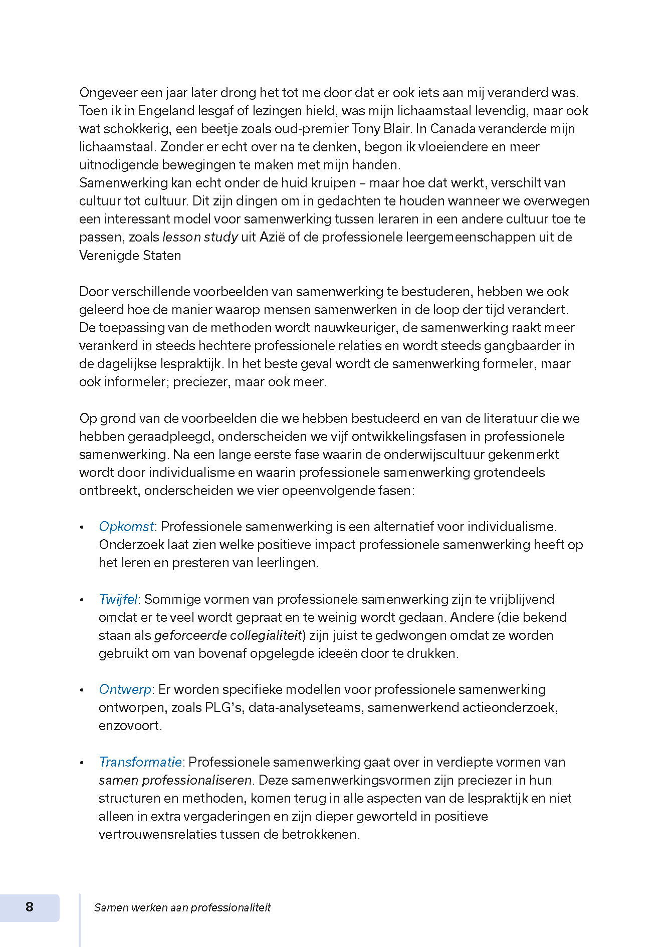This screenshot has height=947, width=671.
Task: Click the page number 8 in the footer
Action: [x=30, y=907]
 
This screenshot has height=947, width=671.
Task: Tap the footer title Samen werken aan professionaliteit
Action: [x=182, y=907]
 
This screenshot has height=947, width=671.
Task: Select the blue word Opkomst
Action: [x=126, y=527]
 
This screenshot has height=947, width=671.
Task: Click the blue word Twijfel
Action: [x=118, y=599]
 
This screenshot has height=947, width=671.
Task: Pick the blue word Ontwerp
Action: [x=125, y=689]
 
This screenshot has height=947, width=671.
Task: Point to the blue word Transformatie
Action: [x=140, y=762]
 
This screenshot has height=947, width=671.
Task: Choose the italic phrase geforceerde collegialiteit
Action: [x=228, y=635]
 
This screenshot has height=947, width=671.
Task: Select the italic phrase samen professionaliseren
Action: [x=175, y=780]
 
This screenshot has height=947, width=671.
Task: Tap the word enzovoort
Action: [x=129, y=726]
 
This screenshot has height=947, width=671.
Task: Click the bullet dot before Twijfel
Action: [x=82, y=600]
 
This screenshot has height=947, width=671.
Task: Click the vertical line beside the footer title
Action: [x=80, y=919]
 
